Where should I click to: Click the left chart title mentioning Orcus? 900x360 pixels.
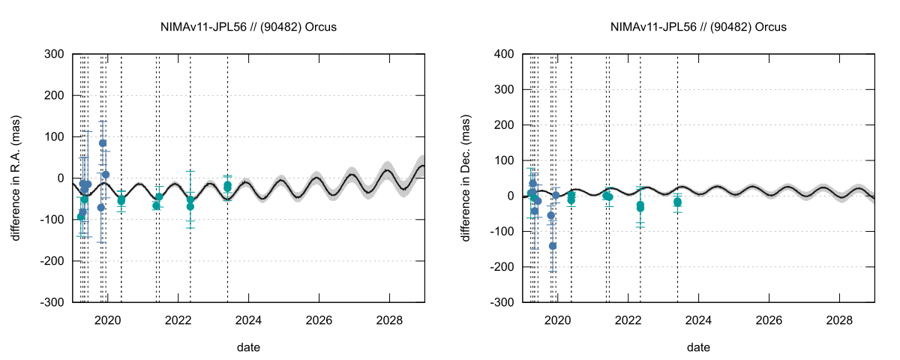pyautogui.click(x=249, y=27)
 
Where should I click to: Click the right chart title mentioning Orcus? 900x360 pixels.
pyautogui.click(x=699, y=27)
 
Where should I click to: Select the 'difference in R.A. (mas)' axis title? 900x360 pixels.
pyautogui.click(x=16, y=178)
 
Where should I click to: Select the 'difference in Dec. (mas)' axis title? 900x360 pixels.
pyautogui.click(x=466, y=178)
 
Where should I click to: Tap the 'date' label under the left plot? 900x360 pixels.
pyautogui.click(x=248, y=347)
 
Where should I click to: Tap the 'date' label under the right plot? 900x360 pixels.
pyautogui.click(x=698, y=347)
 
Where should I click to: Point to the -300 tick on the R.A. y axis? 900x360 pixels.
pyautogui.click(x=52, y=302)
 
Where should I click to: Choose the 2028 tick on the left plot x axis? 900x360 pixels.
pyautogui.click(x=389, y=319)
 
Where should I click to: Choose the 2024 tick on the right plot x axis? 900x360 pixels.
pyautogui.click(x=698, y=319)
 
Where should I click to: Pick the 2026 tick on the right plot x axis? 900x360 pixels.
pyautogui.click(x=769, y=319)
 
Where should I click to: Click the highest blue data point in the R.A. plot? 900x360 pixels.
pyautogui.click(x=103, y=143)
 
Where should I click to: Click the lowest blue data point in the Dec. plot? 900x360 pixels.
pyautogui.click(x=553, y=246)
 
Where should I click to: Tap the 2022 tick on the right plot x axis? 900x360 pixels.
pyautogui.click(x=628, y=319)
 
